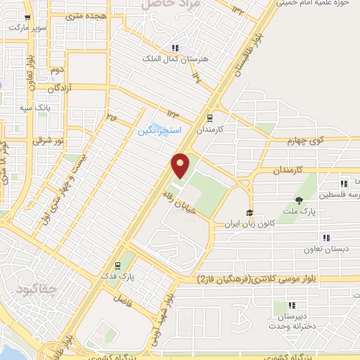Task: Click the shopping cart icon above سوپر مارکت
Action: pos(27,18)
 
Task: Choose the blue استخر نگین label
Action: pos(160,131)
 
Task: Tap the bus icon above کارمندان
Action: pos(208,118)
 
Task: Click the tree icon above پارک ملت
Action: pos(300,200)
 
